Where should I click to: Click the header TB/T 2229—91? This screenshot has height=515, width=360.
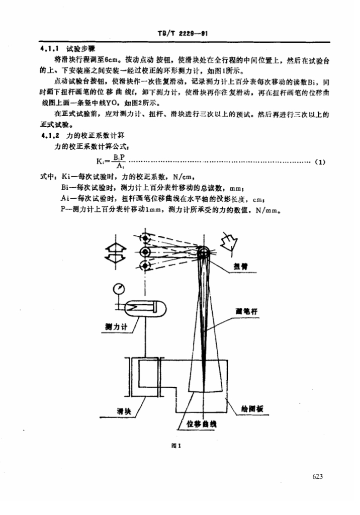pyautogui.click(x=180, y=34)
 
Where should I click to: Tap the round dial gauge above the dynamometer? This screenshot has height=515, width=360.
pyautogui.click(x=119, y=289)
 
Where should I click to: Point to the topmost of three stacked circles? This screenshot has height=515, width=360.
pyautogui.click(x=146, y=237)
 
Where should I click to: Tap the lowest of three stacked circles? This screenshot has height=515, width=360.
pyautogui.click(x=146, y=266)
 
